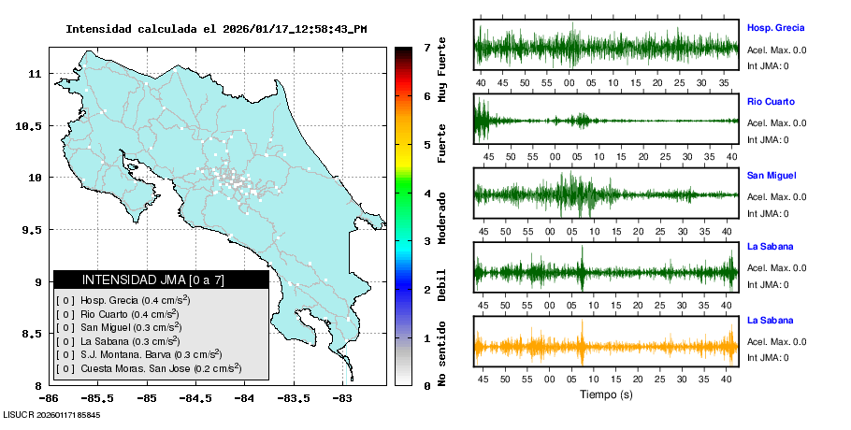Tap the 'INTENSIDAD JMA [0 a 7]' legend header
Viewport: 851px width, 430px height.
(161, 279)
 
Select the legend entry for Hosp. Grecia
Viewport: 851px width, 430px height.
(123, 300)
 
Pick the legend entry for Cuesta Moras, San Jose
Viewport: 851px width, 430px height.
(141, 368)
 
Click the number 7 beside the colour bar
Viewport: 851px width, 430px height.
(426, 47)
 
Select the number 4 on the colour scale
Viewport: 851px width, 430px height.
(426, 193)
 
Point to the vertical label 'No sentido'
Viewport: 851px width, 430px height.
(442, 352)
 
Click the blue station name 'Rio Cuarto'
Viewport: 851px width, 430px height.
(768, 101)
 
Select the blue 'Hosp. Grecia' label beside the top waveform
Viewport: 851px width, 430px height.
(775, 28)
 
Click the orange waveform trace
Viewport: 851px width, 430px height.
(606, 347)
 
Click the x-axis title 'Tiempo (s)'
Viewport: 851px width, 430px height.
(607, 394)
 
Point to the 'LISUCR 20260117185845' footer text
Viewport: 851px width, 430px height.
(52, 414)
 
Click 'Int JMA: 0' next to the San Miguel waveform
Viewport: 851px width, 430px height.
(768, 213)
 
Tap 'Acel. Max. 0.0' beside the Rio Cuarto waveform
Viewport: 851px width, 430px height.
(776, 122)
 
